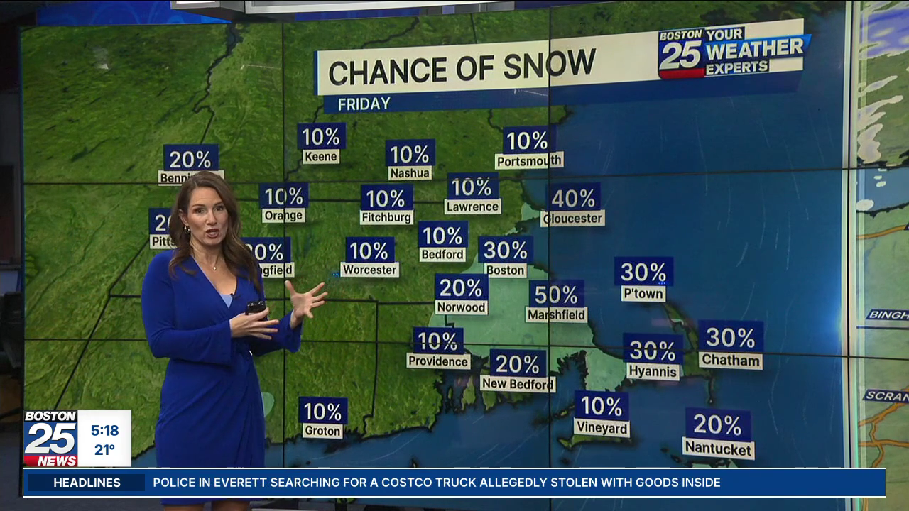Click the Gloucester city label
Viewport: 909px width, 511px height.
[572, 218]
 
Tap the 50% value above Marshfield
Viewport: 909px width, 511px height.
[556, 294]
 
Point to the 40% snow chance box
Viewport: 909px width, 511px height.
[573, 197]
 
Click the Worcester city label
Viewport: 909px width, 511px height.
[369, 270]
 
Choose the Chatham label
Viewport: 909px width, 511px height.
[730, 360]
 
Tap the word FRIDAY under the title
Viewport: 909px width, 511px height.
[364, 104]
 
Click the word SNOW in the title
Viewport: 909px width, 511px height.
[549, 65]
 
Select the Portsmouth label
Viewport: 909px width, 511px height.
[528, 161]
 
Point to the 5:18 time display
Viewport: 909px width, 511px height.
[104, 430]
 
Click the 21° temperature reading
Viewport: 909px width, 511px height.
[104, 449]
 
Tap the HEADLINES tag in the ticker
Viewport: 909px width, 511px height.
[87, 483]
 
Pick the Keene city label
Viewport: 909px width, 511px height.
[321, 156]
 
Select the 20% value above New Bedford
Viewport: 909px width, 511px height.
[518, 364]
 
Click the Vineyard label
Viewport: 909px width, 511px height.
[601, 428]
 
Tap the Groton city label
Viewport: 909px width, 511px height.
[322, 431]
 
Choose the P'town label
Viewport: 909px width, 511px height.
[643, 293]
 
